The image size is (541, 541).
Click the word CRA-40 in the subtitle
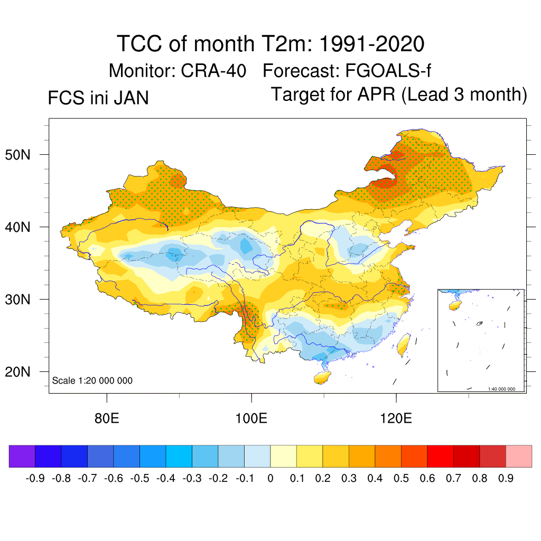[213, 71]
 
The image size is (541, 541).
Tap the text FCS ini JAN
[98, 98]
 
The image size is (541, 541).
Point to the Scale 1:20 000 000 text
[92, 381]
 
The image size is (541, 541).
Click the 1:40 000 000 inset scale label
[505, 389]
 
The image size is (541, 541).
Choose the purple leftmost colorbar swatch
[22, 456]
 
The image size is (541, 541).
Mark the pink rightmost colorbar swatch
[519, 456]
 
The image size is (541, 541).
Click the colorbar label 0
[270, 479]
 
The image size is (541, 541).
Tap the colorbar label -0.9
[35, 479]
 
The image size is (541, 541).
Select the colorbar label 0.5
[401, 479]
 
